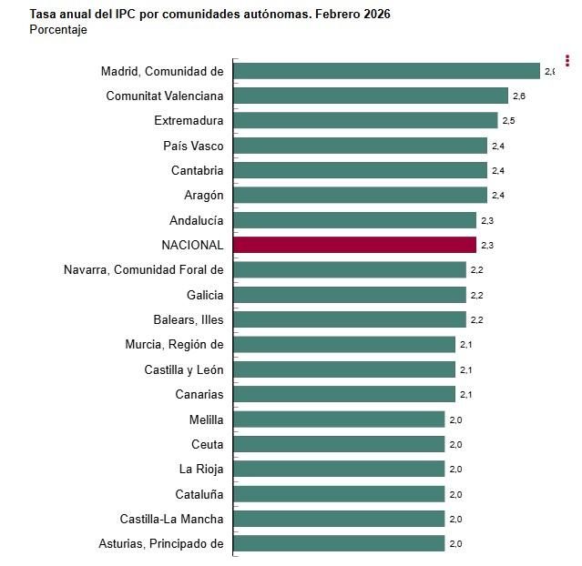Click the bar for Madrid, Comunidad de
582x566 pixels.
pyautogui.click(x=387, y=71)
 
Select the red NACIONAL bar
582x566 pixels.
pyautogui.click(x=355, y=245)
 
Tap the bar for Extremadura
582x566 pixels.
pyautogui.click(x=365, y=120)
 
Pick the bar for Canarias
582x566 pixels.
pyautogui.click(x=344, y=394)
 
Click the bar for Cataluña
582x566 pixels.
pyautogui.click(x=339, y=494)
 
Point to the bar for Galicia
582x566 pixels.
pyautogui.click(x=350, y=295)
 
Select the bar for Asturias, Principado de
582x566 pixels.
pyautogui.click(x=339, y=543)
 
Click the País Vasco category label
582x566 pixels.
pyautogui.click(x=193, y=146)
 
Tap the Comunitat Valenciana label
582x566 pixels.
pyautogui.click(x=165, y=96)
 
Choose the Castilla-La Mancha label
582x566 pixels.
pyautogui.click(x=171, y=519)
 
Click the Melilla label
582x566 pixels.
pyautogui.click(x=206, y=419)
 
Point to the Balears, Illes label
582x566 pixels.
pyautogui.click(x=188, y=319)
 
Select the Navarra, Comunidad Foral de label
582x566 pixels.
pyautogui.click(x=143, y=269)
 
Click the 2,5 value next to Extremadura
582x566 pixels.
pyautogui.click(x=508, y=121)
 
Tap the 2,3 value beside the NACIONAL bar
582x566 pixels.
pyautogui.click(x=487, y=246)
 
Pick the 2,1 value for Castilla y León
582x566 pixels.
pyautogui.click(x=465, y=370)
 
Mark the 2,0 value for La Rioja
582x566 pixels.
pyautogui.click(x=455, y=470)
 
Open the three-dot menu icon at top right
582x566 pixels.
pyautogui.click(x=567, y=61)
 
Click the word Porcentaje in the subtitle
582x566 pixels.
pyautogui.click(x=58, y=30)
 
